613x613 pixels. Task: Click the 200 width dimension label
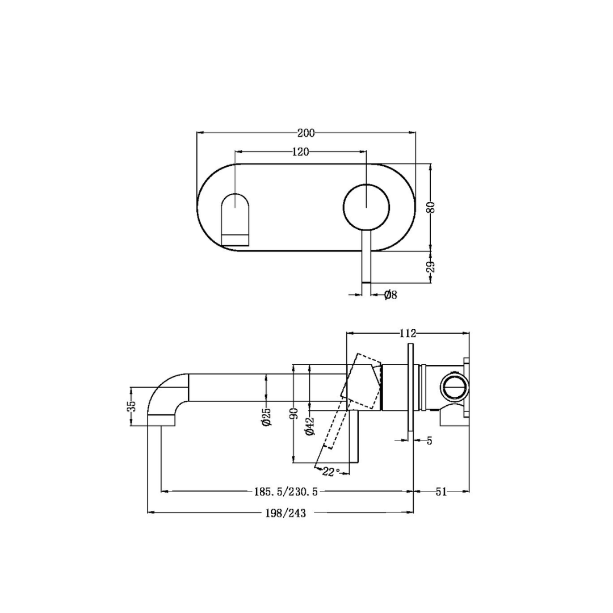pos(306,133)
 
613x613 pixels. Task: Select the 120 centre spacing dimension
pos(300,152)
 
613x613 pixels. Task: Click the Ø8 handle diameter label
pos(390,295)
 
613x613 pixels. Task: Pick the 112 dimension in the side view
pos(408,333)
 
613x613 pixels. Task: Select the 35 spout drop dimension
pos(131,406)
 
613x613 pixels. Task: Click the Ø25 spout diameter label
pos(266,417)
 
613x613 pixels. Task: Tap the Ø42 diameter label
pos(310,426)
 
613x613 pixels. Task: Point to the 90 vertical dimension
pos(293,413)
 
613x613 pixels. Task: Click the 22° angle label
pos(331,472)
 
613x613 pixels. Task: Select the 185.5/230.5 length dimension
pos(285,492)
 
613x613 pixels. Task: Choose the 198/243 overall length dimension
pos(285,513)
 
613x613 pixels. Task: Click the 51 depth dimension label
pos(441,492)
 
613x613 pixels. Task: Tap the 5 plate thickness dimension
pos(429,440)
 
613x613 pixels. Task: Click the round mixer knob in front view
pos(366,208)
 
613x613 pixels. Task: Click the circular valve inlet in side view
pos(454,387)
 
